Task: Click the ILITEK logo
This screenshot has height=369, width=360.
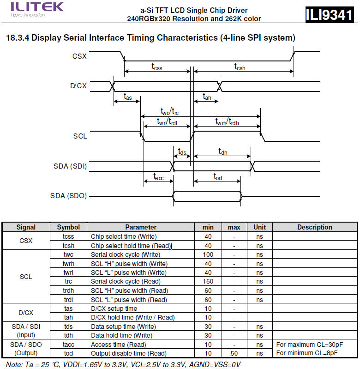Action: coord(31,8)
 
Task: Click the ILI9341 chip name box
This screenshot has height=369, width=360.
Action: coord(329,15)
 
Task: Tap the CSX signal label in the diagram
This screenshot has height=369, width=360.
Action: coord(79,56)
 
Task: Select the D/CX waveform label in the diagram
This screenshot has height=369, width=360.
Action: coord(78,85)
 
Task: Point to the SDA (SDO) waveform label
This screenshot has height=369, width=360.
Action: coord(68,196)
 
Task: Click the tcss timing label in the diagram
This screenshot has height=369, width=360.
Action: coord(157,66)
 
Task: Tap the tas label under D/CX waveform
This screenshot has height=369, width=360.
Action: coord(127,96)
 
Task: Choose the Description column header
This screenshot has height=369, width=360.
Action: coord(314,227)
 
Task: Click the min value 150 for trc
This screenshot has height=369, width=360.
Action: coord(208,281)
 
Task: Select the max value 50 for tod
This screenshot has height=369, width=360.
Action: coord(234,353)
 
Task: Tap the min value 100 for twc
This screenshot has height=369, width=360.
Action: coord(208,254)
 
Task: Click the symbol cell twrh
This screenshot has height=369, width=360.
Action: coord(68,263)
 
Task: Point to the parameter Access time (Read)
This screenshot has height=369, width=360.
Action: coord(119,345)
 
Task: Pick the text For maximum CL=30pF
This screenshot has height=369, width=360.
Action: coord(310,345)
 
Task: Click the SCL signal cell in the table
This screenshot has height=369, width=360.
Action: coord(26,277)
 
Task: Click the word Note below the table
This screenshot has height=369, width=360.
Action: coord(11,364)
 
